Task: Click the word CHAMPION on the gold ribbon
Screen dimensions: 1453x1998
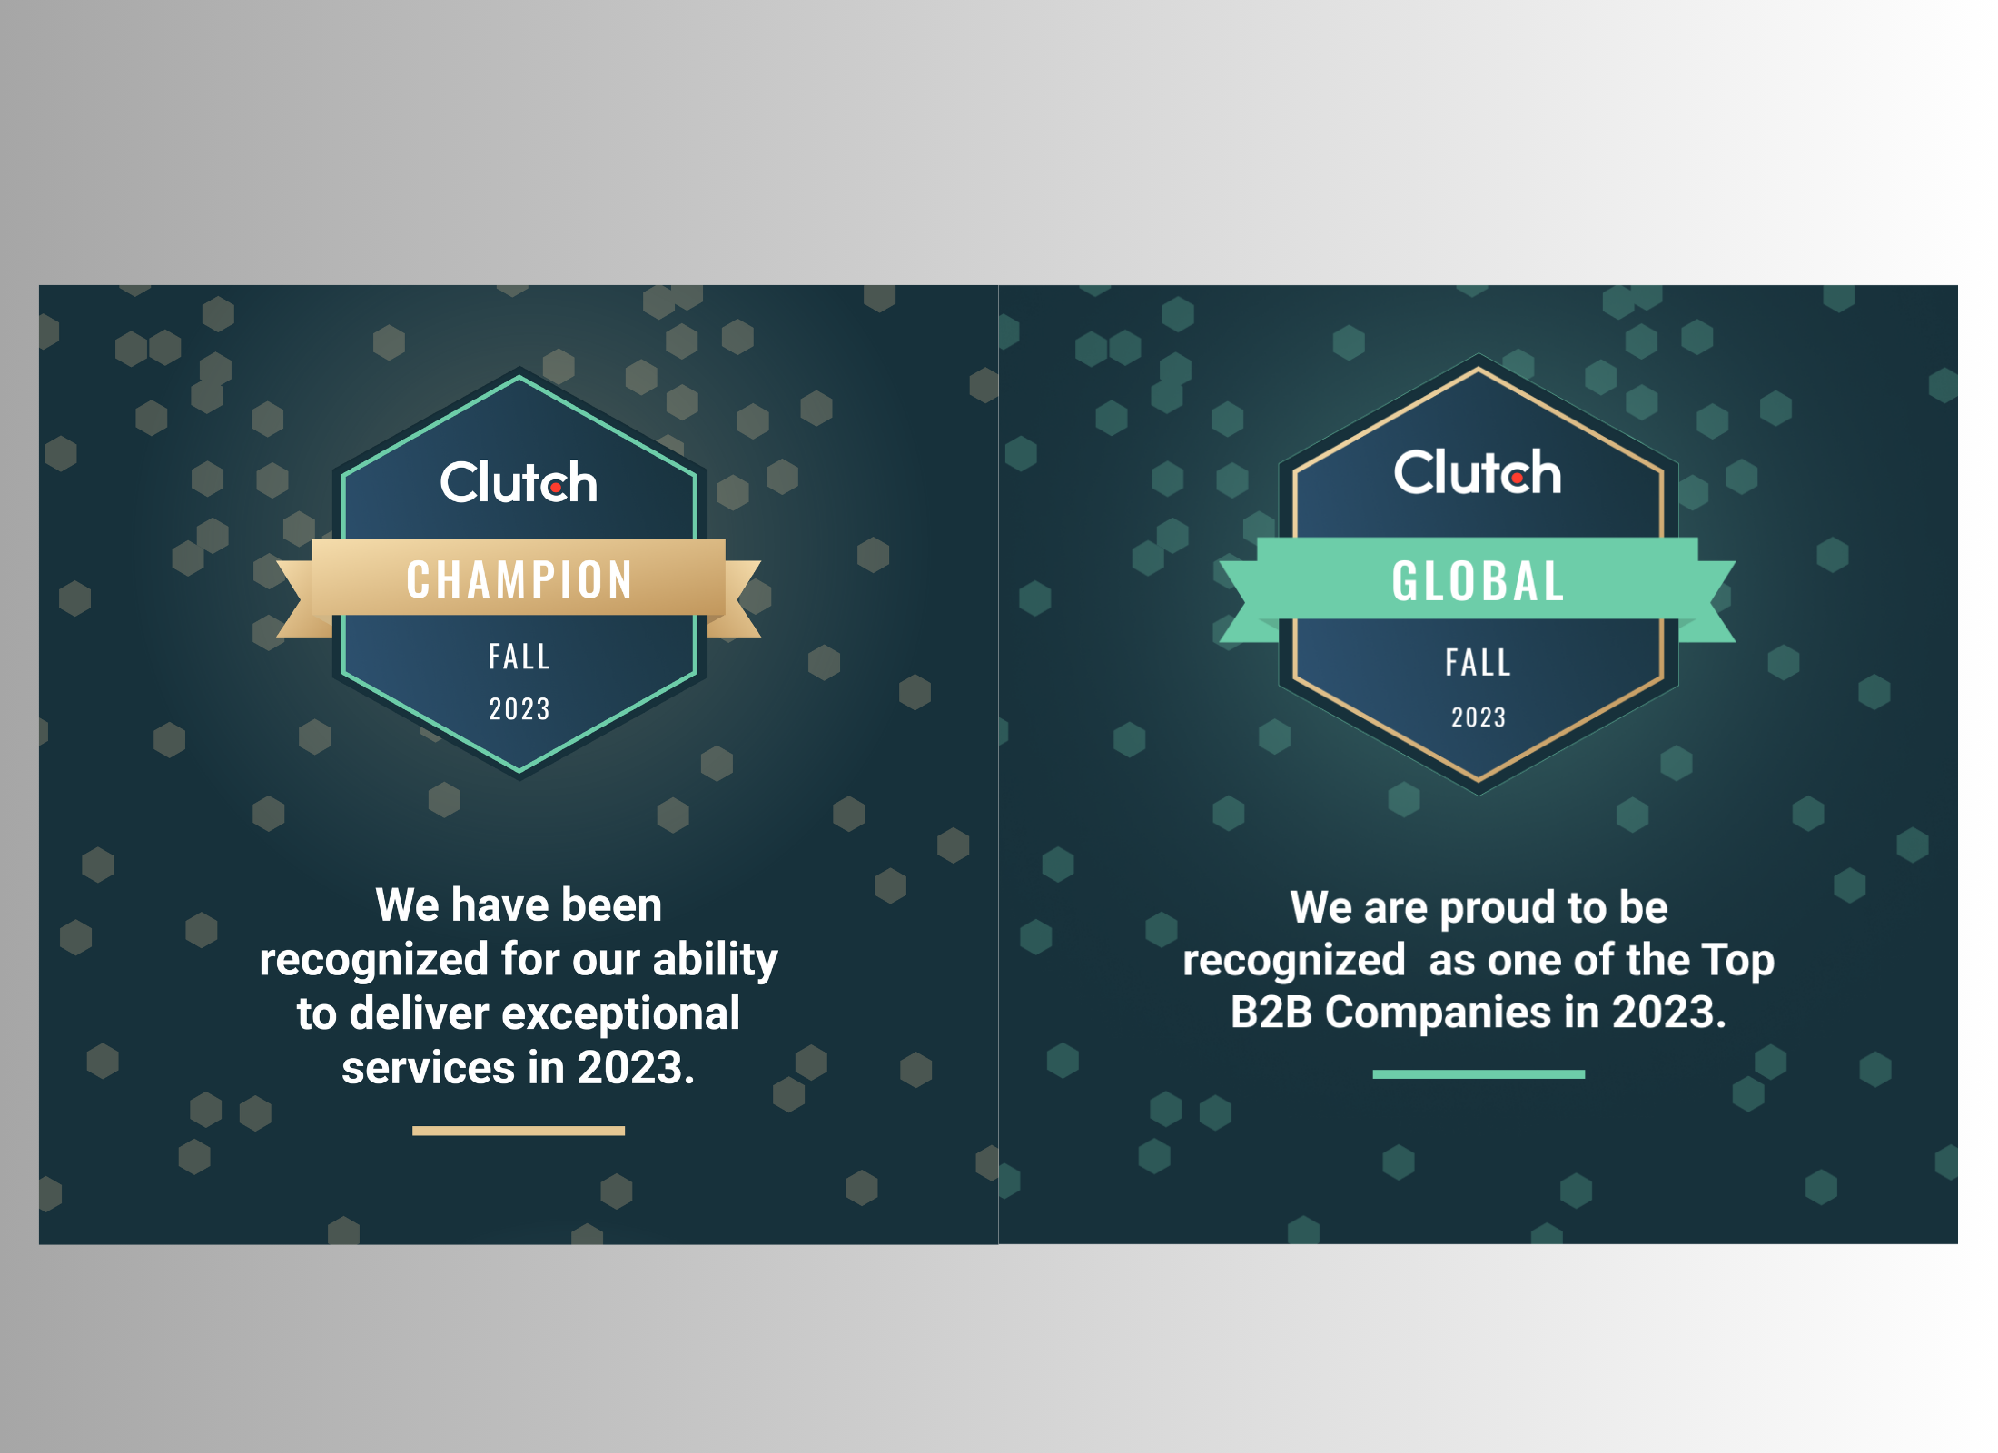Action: coord(519,579)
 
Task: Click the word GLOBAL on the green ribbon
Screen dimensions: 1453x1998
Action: coord(1478,581)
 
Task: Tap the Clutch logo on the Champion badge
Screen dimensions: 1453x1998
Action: coord(519,481)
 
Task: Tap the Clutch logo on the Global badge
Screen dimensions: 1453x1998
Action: coord(1478,472)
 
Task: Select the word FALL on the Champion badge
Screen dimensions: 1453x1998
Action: coord(519,657)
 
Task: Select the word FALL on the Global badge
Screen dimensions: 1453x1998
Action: coord(1478,662)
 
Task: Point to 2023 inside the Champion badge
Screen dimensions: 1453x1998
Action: coord(519,708)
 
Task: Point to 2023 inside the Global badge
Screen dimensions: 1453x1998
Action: coord(1478,717)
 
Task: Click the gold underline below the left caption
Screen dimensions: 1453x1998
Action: coord(519,1131)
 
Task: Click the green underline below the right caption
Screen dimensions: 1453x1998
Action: coord(1478,1074)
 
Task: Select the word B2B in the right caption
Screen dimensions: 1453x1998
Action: coord(1271,1012)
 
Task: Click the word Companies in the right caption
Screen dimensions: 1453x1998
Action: coord(1438,1012)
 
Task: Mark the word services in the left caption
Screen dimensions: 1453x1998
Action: coord(427,1067)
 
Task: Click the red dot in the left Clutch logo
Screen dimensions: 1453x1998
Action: coord(555,488)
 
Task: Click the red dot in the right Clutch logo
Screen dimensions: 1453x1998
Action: coord(1517,478)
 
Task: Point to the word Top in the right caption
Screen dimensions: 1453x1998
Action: coord(1736,960)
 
